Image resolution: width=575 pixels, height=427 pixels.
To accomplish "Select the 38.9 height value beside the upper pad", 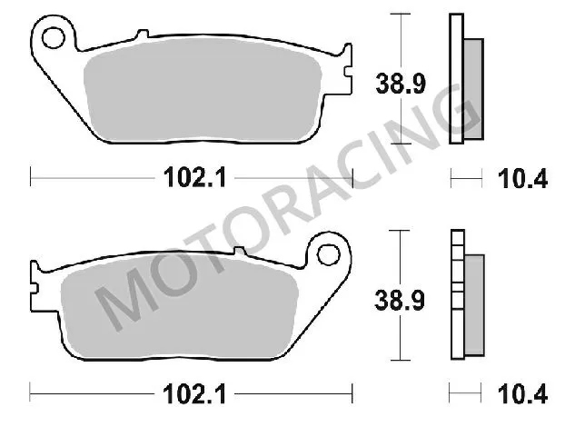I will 394,84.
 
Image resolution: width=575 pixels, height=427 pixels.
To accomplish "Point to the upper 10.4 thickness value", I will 527,178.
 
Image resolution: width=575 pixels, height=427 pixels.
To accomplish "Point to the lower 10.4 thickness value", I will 527,393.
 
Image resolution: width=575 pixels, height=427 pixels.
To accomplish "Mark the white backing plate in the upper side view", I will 455,82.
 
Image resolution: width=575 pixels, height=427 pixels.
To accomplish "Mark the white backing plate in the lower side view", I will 455,300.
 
